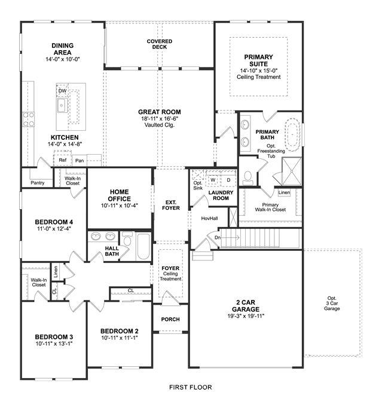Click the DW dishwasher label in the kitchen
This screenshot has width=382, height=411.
62,91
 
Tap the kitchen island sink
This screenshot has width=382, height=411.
62,105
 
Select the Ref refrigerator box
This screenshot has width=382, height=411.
62,160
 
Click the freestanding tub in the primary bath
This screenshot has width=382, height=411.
292,135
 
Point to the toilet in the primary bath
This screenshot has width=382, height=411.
247,178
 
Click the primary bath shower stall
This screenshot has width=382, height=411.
292,171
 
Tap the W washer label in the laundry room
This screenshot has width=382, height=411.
213,180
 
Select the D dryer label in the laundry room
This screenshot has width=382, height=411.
228,180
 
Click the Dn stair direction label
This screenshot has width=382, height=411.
218,238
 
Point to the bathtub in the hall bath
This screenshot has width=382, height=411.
143,246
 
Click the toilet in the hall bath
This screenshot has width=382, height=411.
127,238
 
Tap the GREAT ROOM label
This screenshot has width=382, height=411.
160,112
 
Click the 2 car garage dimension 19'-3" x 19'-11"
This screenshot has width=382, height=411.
246,316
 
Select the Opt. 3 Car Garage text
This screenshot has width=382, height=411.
332,303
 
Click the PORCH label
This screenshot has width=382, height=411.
170,319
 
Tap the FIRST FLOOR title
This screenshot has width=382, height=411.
191,387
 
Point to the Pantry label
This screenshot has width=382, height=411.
38,183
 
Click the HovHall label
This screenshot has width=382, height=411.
209,219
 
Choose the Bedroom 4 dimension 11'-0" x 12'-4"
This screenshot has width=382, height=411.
54,229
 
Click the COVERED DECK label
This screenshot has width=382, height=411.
160,44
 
